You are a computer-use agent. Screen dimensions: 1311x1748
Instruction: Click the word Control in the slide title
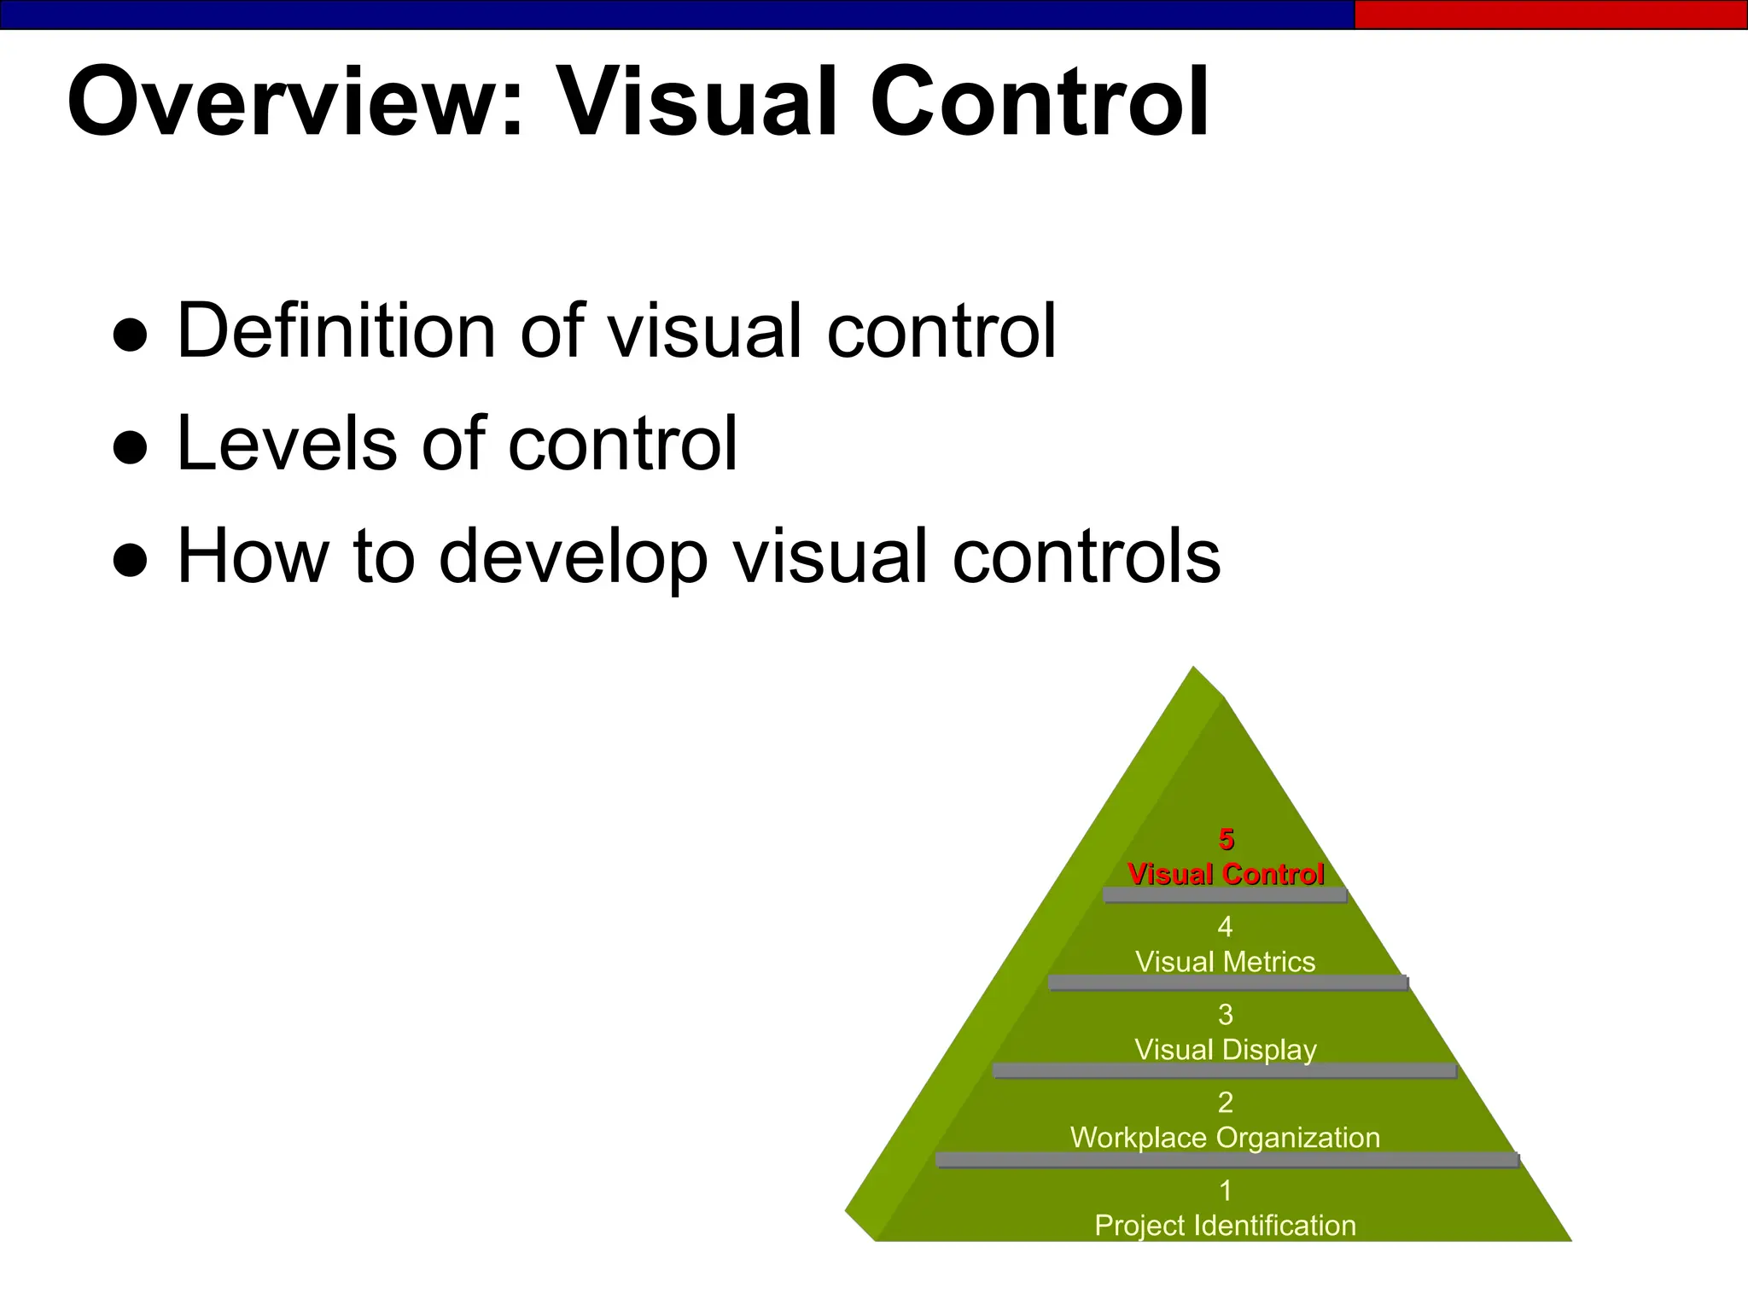1039,102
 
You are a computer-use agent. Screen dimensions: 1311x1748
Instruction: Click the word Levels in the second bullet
287,444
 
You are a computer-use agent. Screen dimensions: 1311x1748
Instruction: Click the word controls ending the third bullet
1086,556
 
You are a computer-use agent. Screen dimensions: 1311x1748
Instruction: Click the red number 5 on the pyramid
1227,840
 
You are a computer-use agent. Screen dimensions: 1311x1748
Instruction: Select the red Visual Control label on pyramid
1226,875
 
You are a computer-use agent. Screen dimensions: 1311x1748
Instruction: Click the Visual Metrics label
1225,962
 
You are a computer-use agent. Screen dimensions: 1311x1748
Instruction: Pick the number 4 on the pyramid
1225,927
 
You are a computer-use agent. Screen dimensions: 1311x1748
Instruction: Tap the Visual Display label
1225,1050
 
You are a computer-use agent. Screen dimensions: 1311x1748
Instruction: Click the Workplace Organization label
1225,1138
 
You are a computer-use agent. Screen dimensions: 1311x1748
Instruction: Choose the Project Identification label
1225,1226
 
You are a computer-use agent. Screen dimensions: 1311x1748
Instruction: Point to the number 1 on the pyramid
1226,1190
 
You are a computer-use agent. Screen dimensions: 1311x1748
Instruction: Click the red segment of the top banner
1550,15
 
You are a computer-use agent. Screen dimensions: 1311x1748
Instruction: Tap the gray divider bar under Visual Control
1225,895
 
